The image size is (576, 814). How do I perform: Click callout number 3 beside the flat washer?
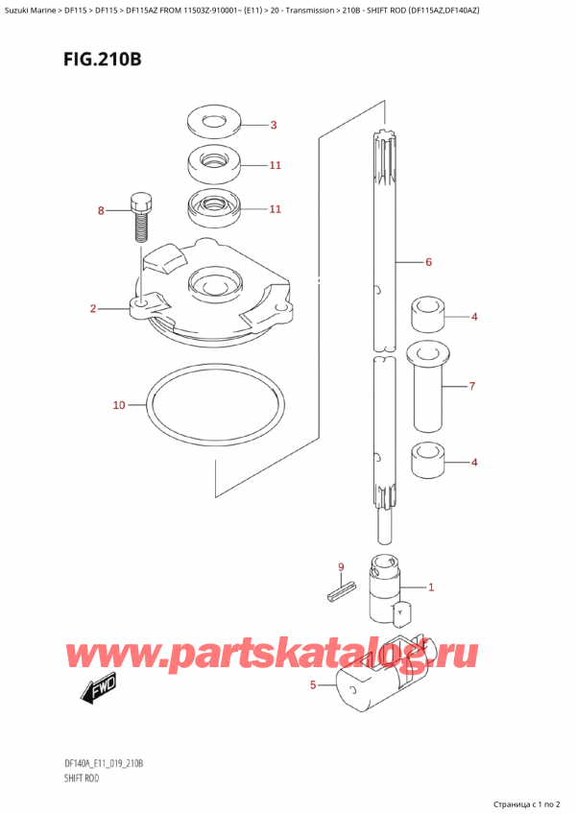point(273,125)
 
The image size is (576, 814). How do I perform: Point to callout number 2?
point(93,308)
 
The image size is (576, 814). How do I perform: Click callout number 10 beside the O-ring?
point(119,405)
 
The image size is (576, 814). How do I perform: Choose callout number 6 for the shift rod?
point(428,261)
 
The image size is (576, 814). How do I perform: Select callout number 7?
point(472,387)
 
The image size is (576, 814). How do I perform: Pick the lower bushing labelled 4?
point(427,461)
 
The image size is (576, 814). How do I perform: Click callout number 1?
point(431,587)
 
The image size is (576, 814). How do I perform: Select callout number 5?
point(313,684)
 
